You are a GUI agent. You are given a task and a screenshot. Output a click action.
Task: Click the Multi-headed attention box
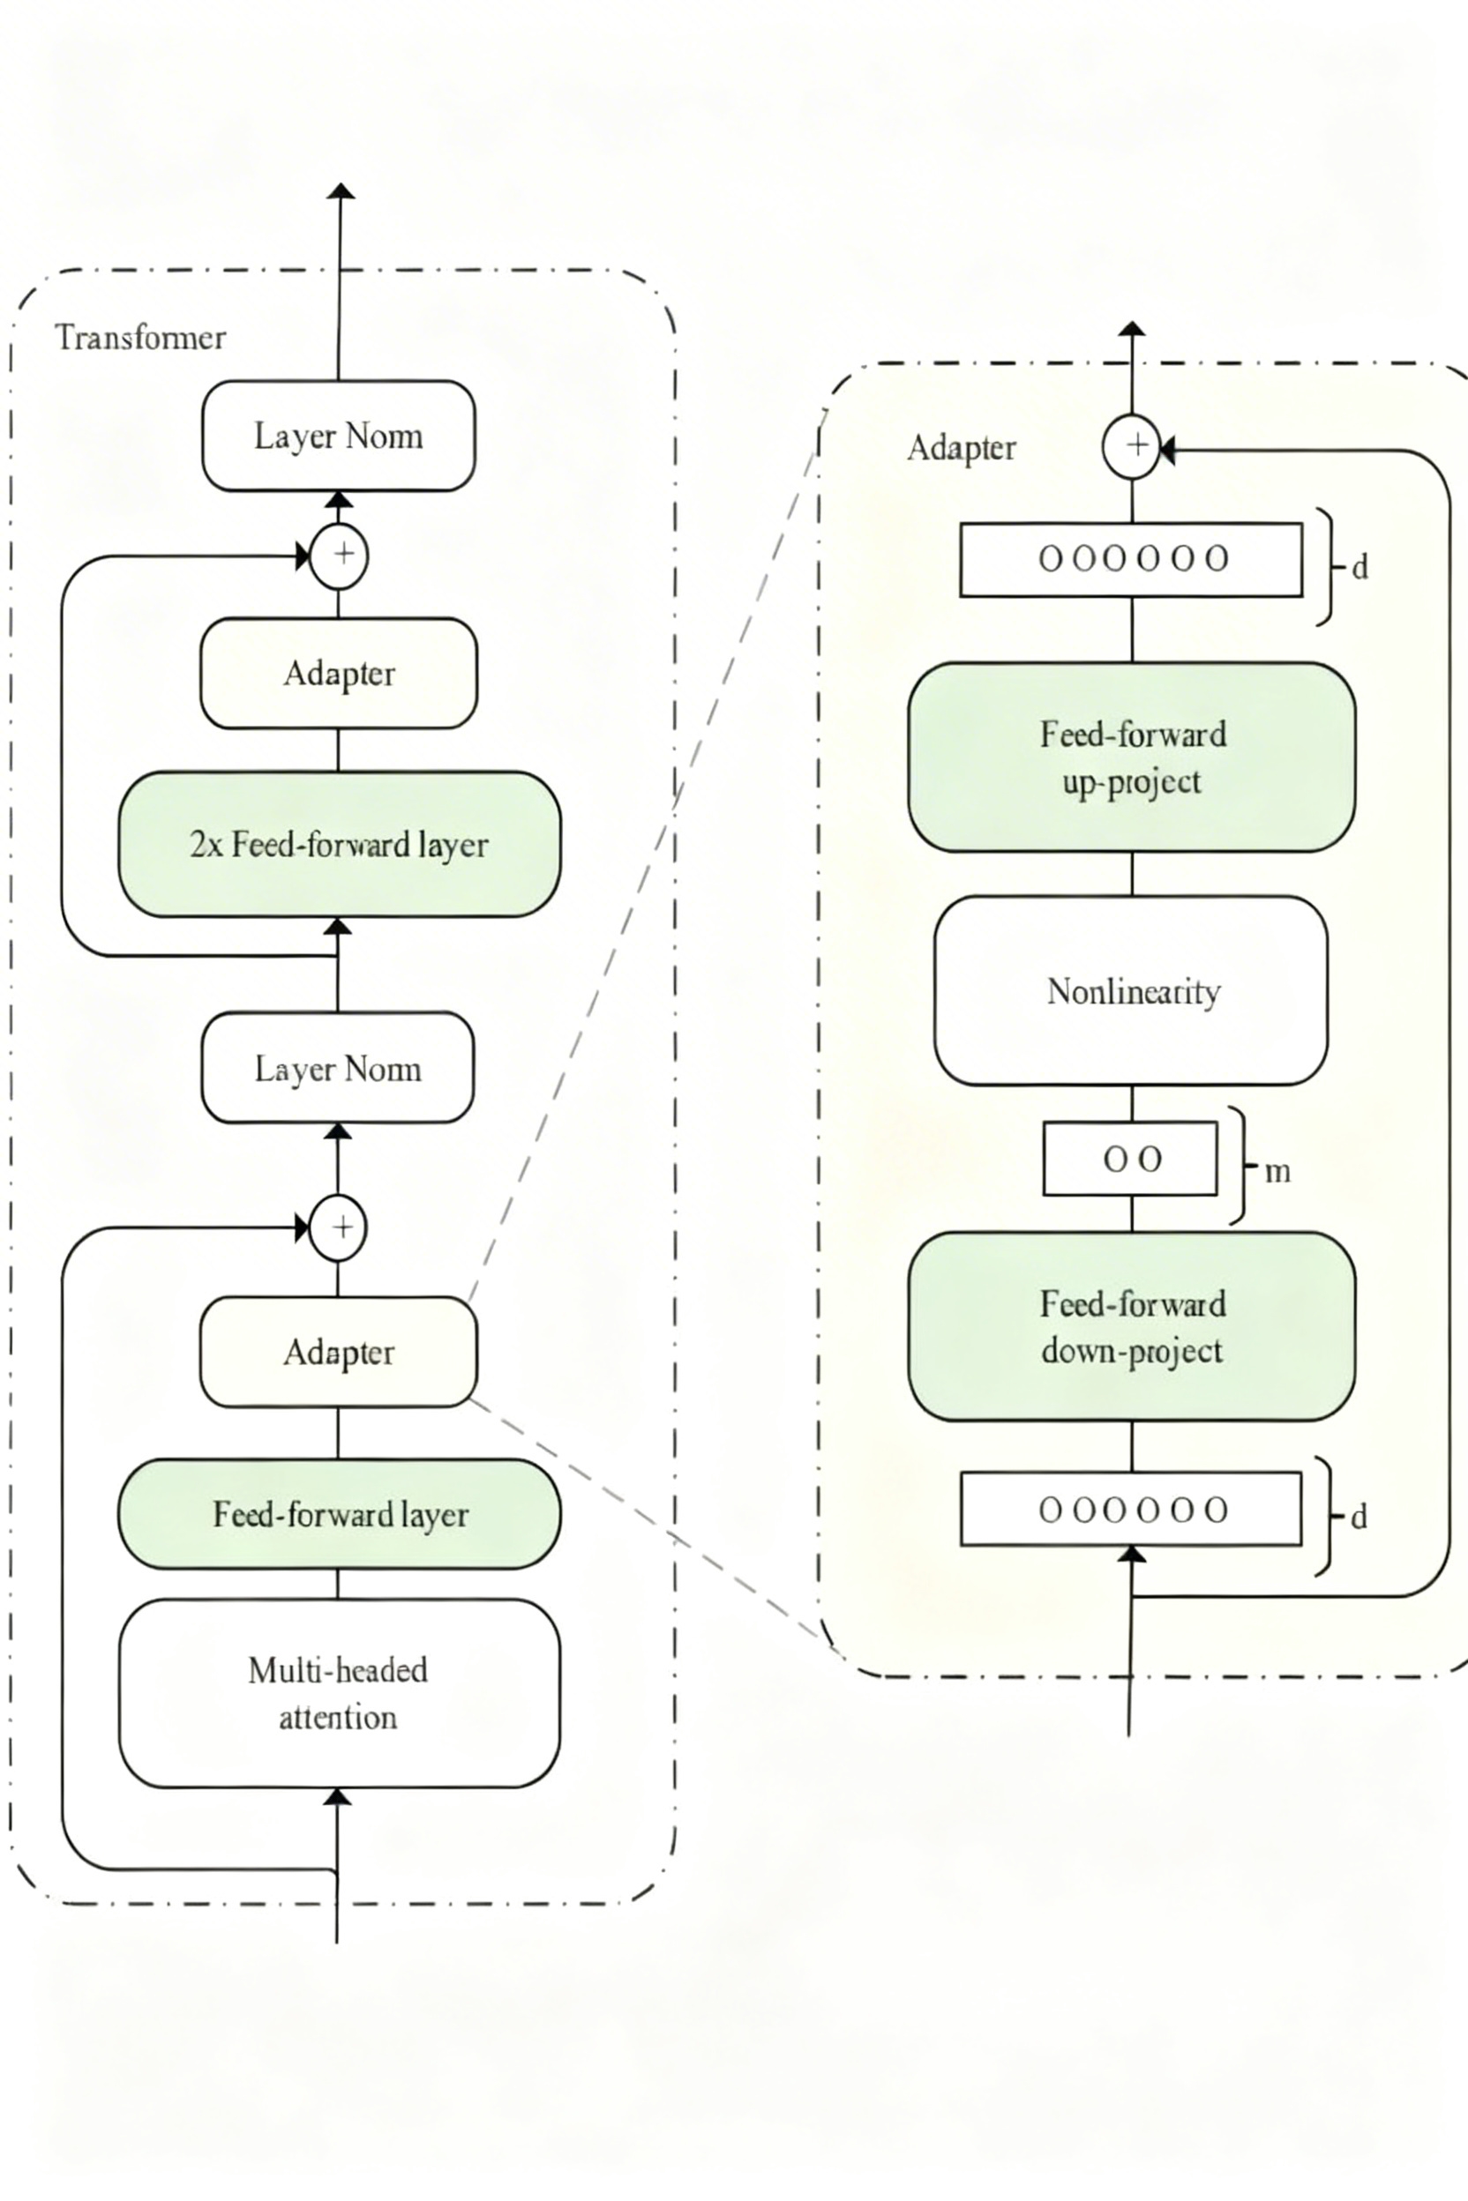pos(339,1693)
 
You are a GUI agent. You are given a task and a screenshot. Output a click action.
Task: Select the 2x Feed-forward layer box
pos(339,844)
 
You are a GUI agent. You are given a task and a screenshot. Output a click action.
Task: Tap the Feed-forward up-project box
pos(1132,757)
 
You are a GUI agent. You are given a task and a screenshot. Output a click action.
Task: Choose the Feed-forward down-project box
pos(1132,1327)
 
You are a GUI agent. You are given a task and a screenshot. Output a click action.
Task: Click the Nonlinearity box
pos(1131,991)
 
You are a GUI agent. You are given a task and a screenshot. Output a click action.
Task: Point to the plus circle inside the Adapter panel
pos(1132,446)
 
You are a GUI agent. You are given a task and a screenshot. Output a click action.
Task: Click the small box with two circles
pos(1130,1160)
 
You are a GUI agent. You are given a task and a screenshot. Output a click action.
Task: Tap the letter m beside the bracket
pos(1277,1172)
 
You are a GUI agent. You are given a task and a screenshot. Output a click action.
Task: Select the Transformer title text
pos(140,337)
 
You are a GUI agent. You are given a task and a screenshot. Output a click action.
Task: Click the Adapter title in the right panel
pos(962,447)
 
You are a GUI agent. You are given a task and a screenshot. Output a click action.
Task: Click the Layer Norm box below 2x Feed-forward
pos(338,1068)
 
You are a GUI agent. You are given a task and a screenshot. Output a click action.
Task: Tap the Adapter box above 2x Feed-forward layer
pos(339,673)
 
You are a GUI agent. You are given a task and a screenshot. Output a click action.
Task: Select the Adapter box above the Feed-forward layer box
pos(339,1352)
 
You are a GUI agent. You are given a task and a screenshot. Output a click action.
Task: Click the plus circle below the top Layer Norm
pos(339,556)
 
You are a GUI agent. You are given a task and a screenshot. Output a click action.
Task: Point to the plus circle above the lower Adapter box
pos(338,1227)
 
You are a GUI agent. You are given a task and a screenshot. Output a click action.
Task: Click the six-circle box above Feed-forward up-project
pos(1131,560)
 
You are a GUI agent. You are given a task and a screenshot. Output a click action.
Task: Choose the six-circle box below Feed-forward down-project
pos(1131,1510)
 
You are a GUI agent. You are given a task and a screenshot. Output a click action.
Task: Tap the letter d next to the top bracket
pos(1360,567)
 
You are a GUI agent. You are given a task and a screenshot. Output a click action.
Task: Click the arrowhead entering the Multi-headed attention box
pos(337,1797)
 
